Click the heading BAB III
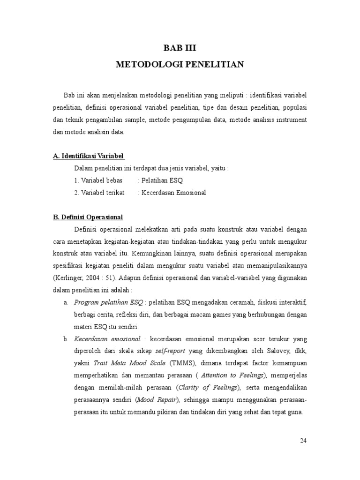point(180,47)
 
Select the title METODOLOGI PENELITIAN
point(180,65)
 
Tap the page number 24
point(304,441)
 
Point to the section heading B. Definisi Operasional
point(88,217)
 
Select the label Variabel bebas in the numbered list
point(101,180)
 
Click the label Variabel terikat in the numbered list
point(102,193)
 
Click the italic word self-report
point(171,351)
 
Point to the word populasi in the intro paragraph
point(294,107)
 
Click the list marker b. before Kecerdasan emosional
point(66,339)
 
